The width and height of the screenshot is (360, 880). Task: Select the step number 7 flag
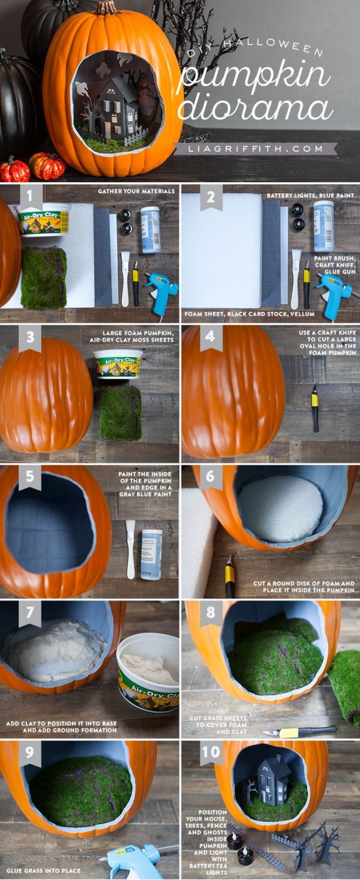(x=30, y=612)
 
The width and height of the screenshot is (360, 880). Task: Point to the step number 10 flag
(x=211, y=752)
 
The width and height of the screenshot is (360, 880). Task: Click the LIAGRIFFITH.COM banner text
(x=256, y=149)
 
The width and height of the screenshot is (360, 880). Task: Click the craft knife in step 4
(x=315, y=407)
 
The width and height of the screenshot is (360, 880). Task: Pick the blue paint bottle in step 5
(x=152, y=554)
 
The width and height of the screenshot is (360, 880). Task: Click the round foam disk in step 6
(x=280, y=509)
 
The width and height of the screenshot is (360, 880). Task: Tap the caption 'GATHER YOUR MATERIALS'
(x=136, y=191)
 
